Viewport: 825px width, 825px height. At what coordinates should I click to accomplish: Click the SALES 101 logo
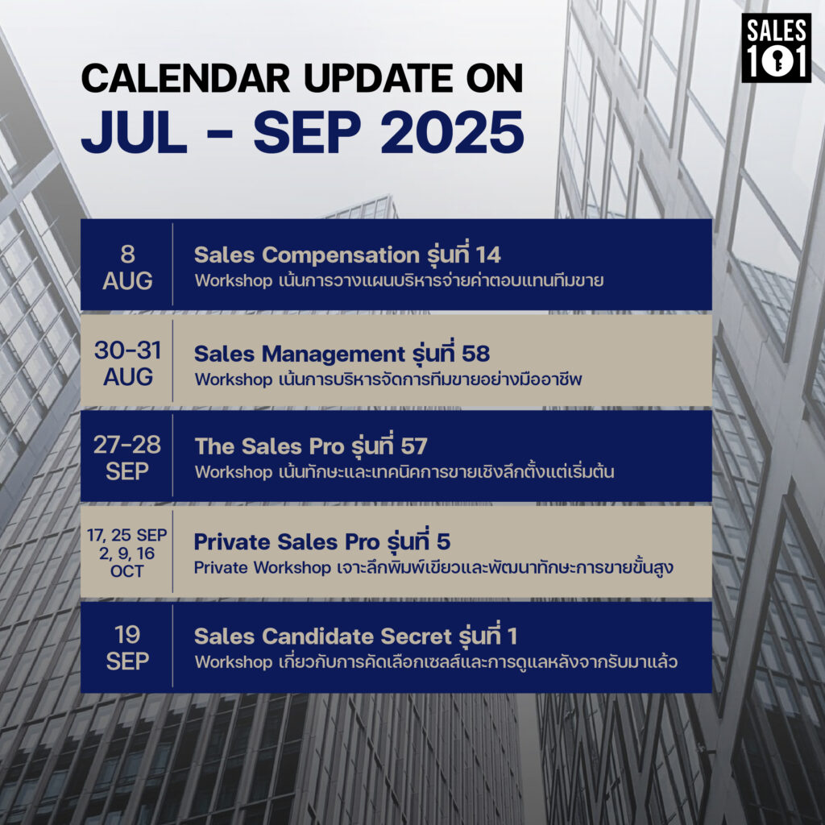[x=776, y=48]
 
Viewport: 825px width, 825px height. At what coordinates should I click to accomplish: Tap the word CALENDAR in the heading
[x=186, y=78]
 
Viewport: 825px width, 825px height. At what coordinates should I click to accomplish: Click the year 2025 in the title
[x=453, y=132]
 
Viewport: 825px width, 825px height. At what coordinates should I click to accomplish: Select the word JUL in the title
[x=135, y=132]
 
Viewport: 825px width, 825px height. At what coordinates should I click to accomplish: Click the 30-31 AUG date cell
[x=128, y=363]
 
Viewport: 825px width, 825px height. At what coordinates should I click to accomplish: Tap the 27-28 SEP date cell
[x=127, y=458]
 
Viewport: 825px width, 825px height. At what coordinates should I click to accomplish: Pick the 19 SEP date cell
[x=127, y=648]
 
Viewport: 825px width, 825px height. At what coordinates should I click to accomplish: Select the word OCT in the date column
[x=126, y=571]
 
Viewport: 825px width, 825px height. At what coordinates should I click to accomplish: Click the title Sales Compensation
[x=307, y=255]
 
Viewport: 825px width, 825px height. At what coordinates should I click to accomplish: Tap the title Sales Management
[x=300, y=354]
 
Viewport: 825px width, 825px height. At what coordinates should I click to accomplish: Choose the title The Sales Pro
[x=269, y=446]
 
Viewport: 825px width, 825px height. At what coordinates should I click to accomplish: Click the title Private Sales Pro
[x=287, y=542]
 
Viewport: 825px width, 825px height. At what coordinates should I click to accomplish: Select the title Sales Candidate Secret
[x=323, y=636]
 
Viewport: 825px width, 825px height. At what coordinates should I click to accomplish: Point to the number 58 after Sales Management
[x=475, y=354]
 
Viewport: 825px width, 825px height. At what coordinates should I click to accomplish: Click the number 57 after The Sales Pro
[x=413, y=446]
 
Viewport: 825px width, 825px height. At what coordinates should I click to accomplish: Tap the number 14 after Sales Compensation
[x=488, y=255]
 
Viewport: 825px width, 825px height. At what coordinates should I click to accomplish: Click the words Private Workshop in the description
[x=262, y=568]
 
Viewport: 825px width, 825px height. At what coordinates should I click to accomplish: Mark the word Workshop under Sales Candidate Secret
[x=233, y=662]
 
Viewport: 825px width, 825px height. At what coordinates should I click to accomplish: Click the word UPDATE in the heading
[x=378, y=78]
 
